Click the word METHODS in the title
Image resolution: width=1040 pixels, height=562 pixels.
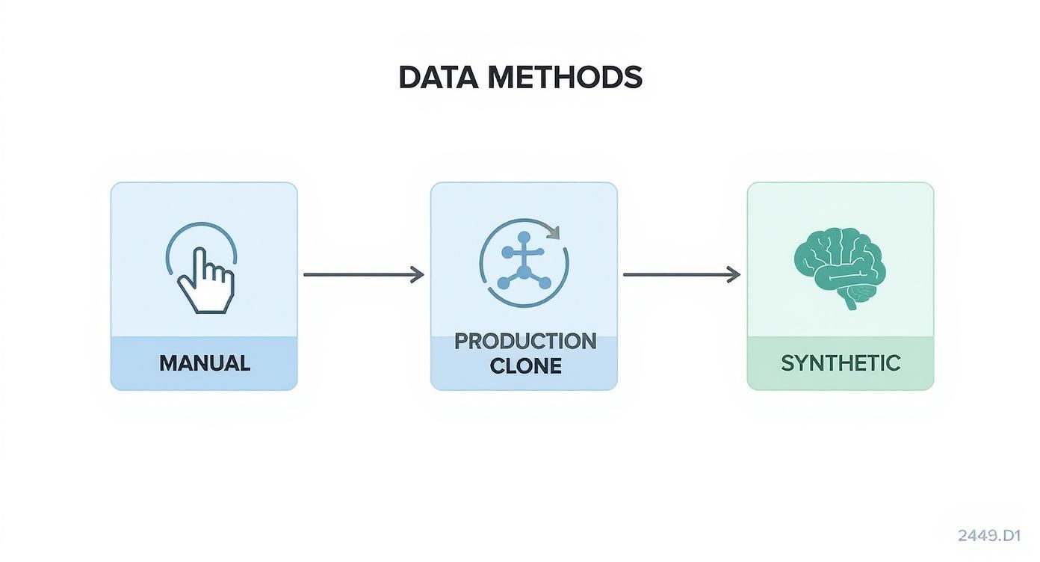(565, 78)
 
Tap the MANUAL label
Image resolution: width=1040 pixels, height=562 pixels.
(204, 363)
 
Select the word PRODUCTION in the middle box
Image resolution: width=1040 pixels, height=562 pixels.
(524, 341)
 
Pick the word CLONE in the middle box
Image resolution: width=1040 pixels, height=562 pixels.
(525, 365)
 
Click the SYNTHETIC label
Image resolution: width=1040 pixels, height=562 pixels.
(841, 363)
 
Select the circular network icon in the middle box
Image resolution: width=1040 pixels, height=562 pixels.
(524, 263)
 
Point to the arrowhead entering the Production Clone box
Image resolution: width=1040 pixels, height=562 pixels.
(418, 275)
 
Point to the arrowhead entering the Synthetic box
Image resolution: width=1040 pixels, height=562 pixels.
(734, 275)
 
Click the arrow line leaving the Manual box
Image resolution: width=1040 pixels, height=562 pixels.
(359, 275)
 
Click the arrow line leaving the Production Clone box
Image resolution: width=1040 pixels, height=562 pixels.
(676, 275)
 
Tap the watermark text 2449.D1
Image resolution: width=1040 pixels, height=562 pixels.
(988, 535)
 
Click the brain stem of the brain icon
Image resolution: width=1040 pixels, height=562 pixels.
(851, 301)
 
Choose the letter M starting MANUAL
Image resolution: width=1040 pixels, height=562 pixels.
(168, 363)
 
